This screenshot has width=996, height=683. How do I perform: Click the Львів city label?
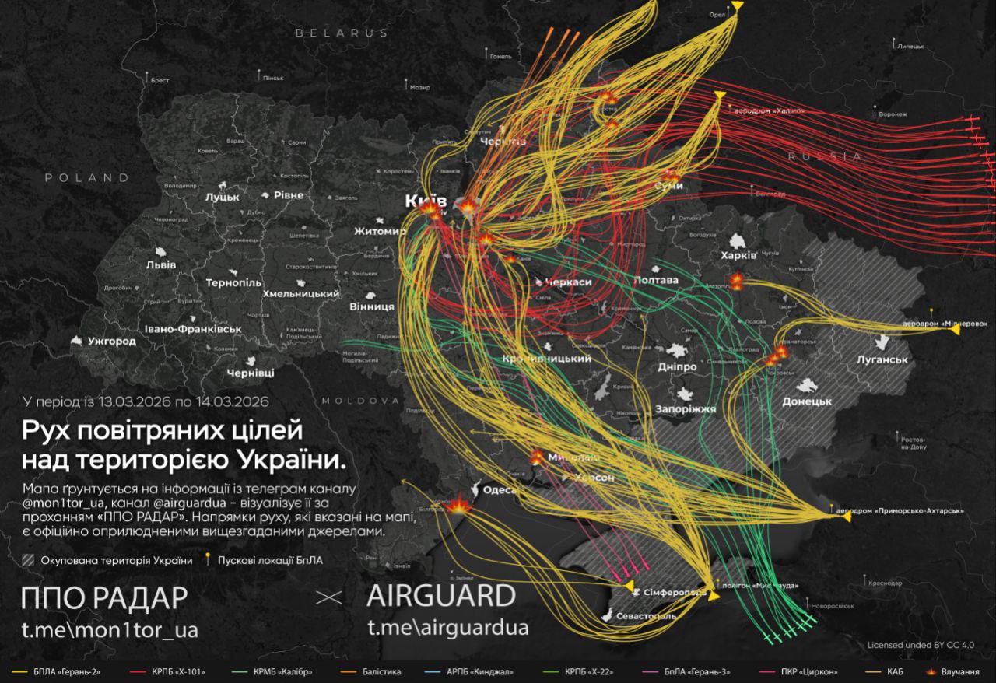coord(161,264)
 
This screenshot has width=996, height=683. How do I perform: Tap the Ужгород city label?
coord(110,341)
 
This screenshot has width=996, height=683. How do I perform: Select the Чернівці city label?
coord(250,373)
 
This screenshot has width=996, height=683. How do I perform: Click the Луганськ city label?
coord(882,360)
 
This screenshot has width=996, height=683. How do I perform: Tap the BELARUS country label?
coord(341,33)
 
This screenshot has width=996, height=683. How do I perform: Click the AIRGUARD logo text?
coord(440,597)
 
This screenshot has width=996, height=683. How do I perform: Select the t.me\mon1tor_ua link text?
coord(110,629)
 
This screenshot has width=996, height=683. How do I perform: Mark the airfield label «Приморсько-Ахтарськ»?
coord(900,511)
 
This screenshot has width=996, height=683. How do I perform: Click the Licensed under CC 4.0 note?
coord(921,645)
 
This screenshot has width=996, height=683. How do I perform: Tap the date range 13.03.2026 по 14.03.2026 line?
coord(146,402)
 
